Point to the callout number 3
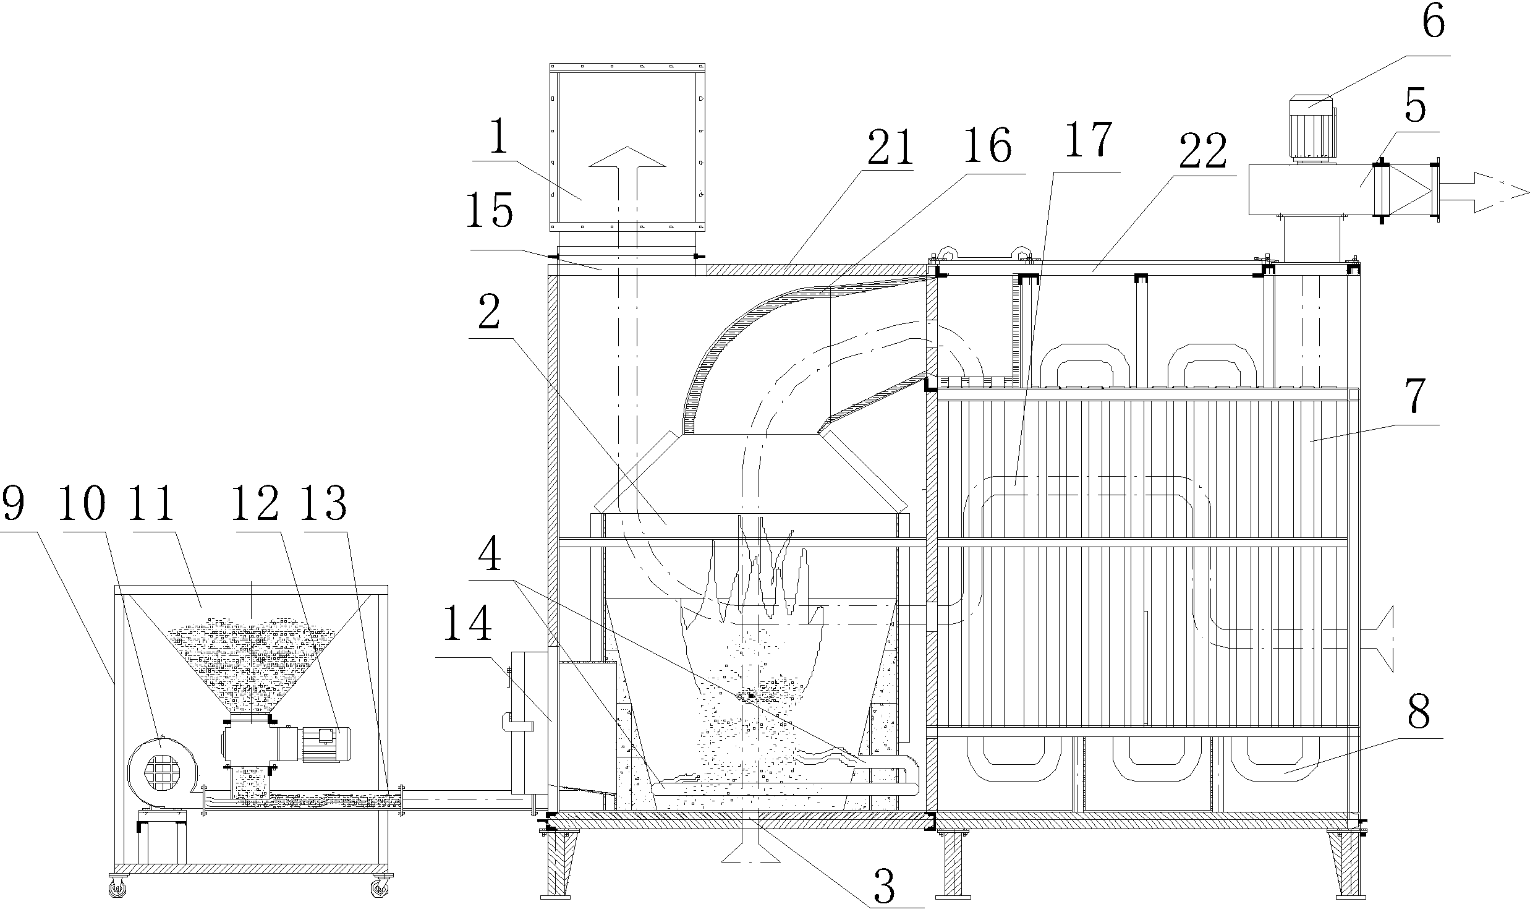[885, 886]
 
